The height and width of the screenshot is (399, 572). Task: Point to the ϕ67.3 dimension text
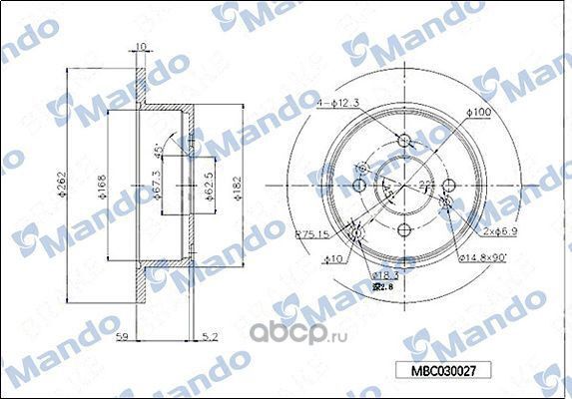point(159,187)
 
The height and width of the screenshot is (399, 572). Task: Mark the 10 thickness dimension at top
point(141,46)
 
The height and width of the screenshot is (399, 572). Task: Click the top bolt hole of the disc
point(403,141)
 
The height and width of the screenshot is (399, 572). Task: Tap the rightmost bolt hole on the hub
point(448,186)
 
